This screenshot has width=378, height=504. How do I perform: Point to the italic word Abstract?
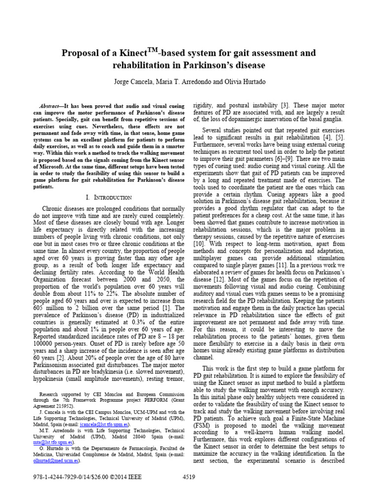tap(49, 106)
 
